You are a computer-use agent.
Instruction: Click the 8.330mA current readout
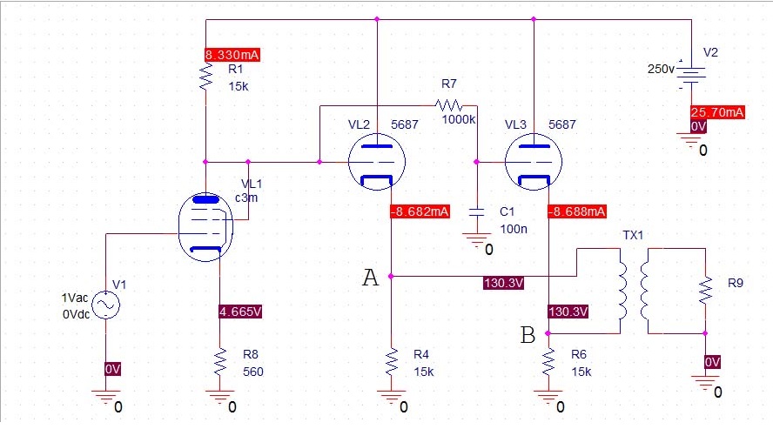click(232, 55)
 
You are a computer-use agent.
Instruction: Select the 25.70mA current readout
click(716, 112)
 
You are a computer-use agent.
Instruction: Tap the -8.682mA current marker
click(420, 211)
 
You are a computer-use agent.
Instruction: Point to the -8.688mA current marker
click(577, 211)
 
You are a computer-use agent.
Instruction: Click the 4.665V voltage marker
click(240, 312)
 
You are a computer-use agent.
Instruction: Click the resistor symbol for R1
click(205, 77)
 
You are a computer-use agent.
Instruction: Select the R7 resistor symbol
click(449, 105)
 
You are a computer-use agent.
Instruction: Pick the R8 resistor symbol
click(220, 362)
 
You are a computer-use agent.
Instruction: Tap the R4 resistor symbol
click(392, 362)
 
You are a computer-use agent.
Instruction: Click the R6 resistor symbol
click(548, 362)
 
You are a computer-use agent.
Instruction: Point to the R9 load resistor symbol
click(705, 290)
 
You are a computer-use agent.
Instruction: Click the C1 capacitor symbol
click(477, 212)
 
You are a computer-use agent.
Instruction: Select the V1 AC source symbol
click(105, 305)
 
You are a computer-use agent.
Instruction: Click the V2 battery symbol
click(691, 73)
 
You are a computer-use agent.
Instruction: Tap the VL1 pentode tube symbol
click(205, 227)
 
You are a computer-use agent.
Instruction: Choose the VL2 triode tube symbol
click(377, 162)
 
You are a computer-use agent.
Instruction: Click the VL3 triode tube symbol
click(534, 162)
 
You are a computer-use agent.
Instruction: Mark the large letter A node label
click(371, 278)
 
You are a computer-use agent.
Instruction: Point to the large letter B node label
click(528, 335)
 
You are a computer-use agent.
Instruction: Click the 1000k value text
click(459, 120)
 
